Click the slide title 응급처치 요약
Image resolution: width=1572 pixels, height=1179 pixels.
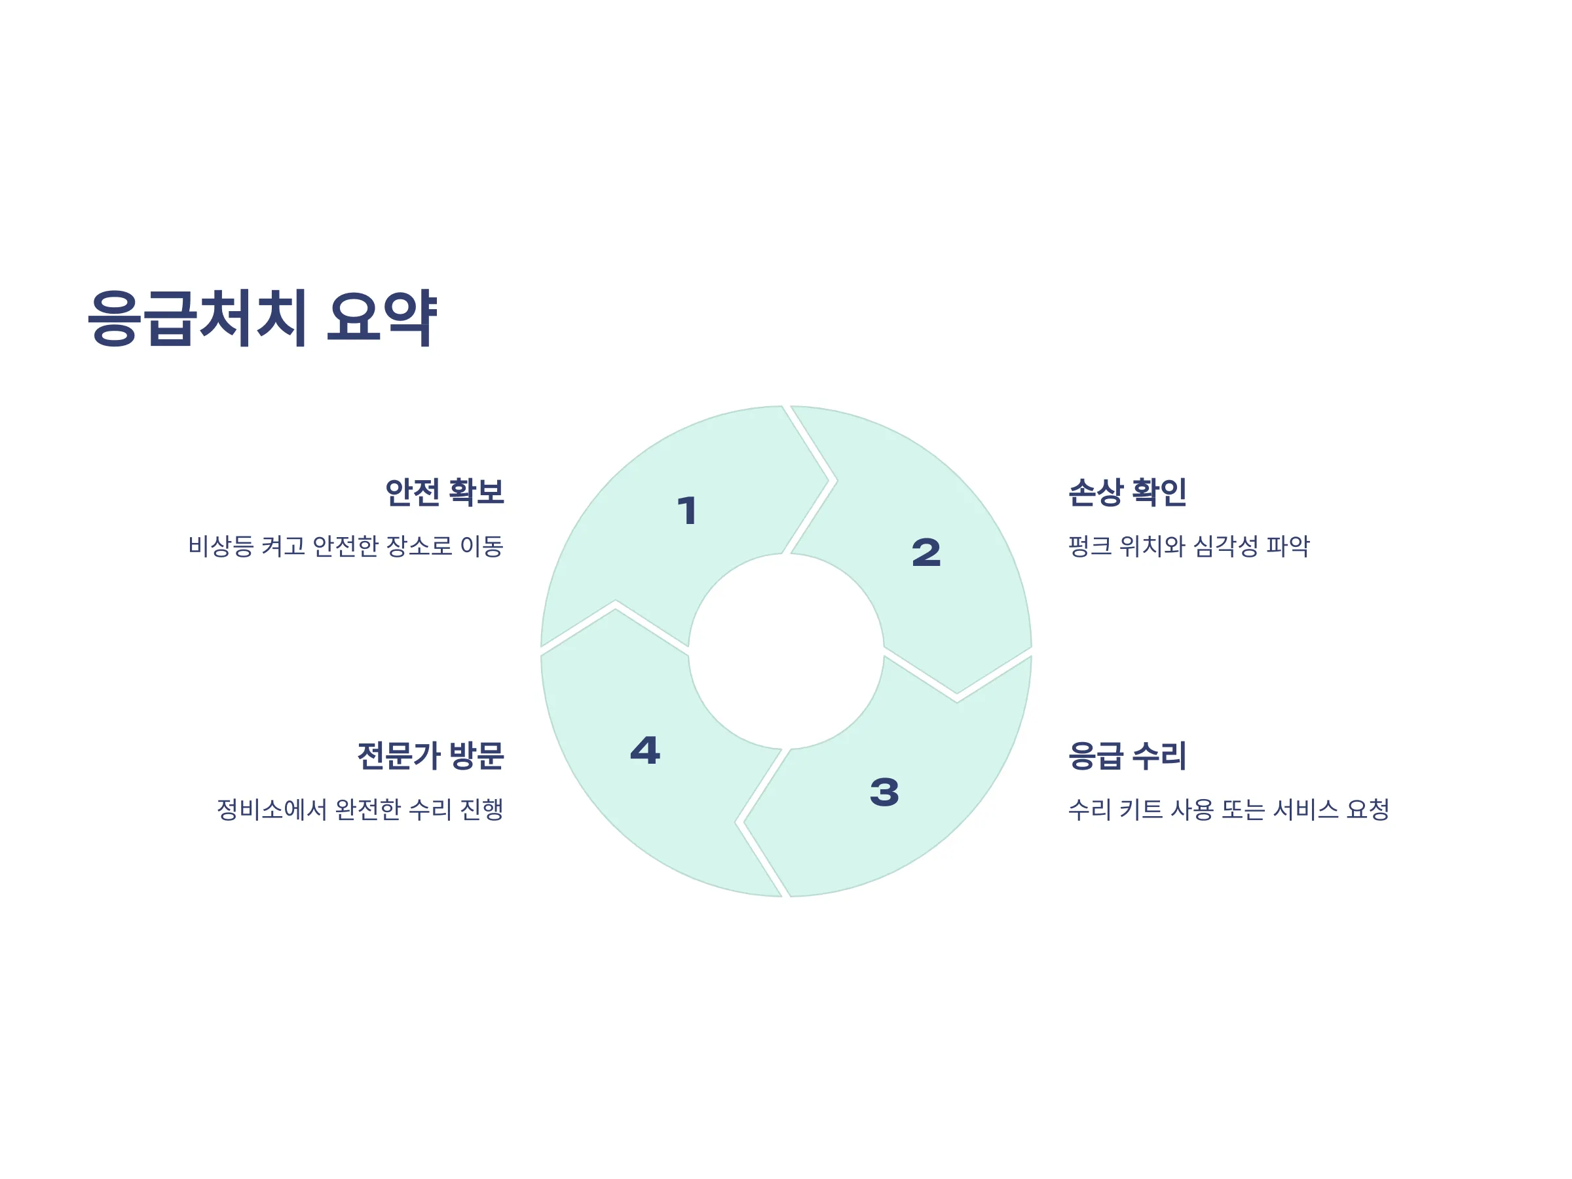(x=261, y=318)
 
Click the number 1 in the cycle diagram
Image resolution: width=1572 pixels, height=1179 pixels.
(x=687, y=511)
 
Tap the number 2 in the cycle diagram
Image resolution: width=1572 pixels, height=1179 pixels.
(x=926, y=553)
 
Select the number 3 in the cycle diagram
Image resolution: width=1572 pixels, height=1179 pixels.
(x=884, y=793)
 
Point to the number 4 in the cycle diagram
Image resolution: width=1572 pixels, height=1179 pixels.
(x=645, y=751)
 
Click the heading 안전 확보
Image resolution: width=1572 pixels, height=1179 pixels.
(x=444, y=492)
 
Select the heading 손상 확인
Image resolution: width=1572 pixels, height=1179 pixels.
(x=1127, y=492)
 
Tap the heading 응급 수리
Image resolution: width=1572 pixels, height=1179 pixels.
(x=1127, y=755)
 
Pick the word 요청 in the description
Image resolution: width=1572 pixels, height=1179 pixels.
(x=1368, y=809)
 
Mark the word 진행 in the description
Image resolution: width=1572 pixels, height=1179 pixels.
(x=482, y=809)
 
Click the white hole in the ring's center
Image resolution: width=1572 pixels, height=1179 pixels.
(x=786, y=651)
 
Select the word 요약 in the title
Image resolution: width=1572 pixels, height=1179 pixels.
(x=382, y=318)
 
